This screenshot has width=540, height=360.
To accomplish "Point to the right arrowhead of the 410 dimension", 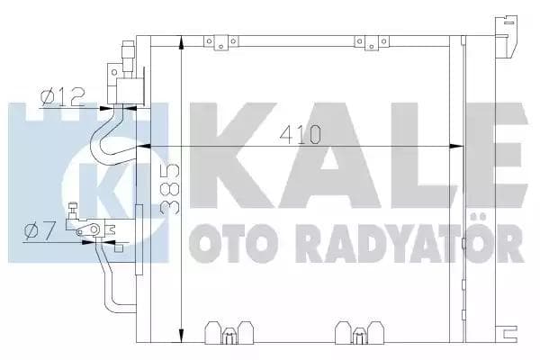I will (x=455, y=147).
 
